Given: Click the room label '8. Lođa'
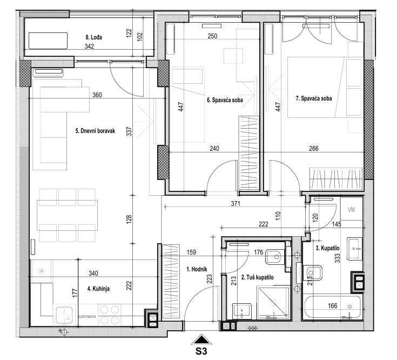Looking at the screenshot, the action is click(x=93, y=37).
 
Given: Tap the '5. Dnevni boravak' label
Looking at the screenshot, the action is click(x=95, y=131).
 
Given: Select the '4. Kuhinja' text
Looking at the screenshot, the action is click(x=98, y=289).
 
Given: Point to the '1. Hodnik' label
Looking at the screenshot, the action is click(x=197, y=269).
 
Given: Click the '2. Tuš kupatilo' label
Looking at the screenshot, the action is click(x=257, y=277).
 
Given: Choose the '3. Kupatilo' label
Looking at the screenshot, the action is click(x=327, y=248).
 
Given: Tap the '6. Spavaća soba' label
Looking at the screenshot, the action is click(x=225, y=100).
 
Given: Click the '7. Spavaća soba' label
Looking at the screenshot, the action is click(x=314, y=98).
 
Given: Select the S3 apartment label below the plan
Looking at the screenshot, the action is click(x=201, y=351).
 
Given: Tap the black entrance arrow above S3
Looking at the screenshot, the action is click(x=201, y=339).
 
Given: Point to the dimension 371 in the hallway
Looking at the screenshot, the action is click(x=235, y=203).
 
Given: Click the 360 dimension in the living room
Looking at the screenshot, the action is click(x=97, y=95).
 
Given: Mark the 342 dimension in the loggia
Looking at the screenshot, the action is click(x=89, y=46).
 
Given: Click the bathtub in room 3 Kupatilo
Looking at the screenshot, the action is click(x=332, y=307).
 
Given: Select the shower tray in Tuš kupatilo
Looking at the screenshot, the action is click(x=273, y=302).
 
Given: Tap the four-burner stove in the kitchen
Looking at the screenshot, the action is click(x=109, y=315).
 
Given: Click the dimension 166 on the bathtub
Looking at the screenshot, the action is click(x=332, y=306).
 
